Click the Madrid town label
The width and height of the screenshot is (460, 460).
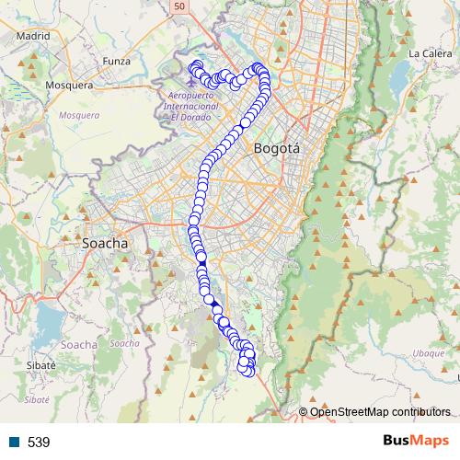[32, 37]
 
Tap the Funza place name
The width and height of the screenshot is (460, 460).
[118, 61]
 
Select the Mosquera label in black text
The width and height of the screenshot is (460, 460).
[69, 85]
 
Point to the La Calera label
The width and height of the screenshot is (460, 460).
[427, 54]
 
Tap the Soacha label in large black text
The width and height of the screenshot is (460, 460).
[104, 244]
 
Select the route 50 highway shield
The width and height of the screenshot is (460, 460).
[178, 6]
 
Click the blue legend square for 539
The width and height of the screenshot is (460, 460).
[14, 442]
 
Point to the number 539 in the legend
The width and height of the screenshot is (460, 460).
[39, 442]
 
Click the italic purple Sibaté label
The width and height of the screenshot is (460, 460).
[37, 400]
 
